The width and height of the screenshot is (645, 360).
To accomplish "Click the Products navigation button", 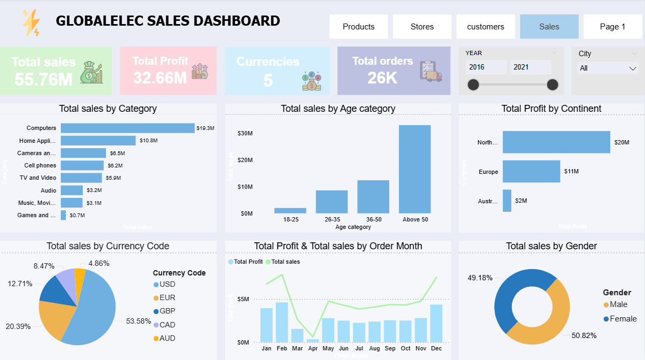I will click(x=358, y=27).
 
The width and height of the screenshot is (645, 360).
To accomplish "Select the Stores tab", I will click(x=422, y=27).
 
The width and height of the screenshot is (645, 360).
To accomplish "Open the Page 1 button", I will click(x=612, y=27).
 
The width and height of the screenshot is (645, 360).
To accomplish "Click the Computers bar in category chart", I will click(x=127, y=128).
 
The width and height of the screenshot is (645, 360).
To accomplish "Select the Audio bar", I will click(x=72, y=190).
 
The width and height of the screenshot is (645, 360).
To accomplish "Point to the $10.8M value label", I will click(x=149, y=141).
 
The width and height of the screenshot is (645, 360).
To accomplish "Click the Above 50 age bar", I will click(x=414, y=169).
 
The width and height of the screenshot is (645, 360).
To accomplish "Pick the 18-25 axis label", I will click(x=290, y=219).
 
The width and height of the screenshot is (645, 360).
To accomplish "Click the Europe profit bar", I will click(x=531, y=172).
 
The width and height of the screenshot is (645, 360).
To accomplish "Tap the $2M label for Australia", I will click(x=521, y=201).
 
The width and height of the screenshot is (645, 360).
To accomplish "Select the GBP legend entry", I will click(x=167, y=311).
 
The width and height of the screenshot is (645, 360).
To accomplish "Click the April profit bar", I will click(x=313, y=340).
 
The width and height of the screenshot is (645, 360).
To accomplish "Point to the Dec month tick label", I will click(x=436, y=349).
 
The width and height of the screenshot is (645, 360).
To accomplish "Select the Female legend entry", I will click(x=623, y=319).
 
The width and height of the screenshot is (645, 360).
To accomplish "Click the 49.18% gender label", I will click(x=480, y=278).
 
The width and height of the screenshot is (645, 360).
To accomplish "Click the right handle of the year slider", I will click(x=552, y=85).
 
